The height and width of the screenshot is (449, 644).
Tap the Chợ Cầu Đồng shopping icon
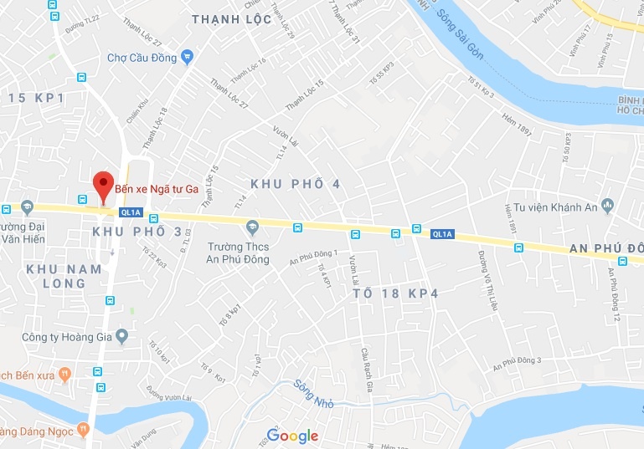coord(187,58)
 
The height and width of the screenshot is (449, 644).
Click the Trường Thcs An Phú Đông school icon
coord(251,227)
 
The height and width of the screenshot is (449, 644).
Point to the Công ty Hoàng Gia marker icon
coord(121,338)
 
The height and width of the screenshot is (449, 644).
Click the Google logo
coord(292,436)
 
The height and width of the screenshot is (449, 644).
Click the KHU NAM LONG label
coord(64,276)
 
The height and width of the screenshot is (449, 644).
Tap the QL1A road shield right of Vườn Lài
coord(442,235)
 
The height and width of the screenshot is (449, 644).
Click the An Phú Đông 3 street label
coord(518,364)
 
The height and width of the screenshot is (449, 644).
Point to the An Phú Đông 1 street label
coord(313,258)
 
